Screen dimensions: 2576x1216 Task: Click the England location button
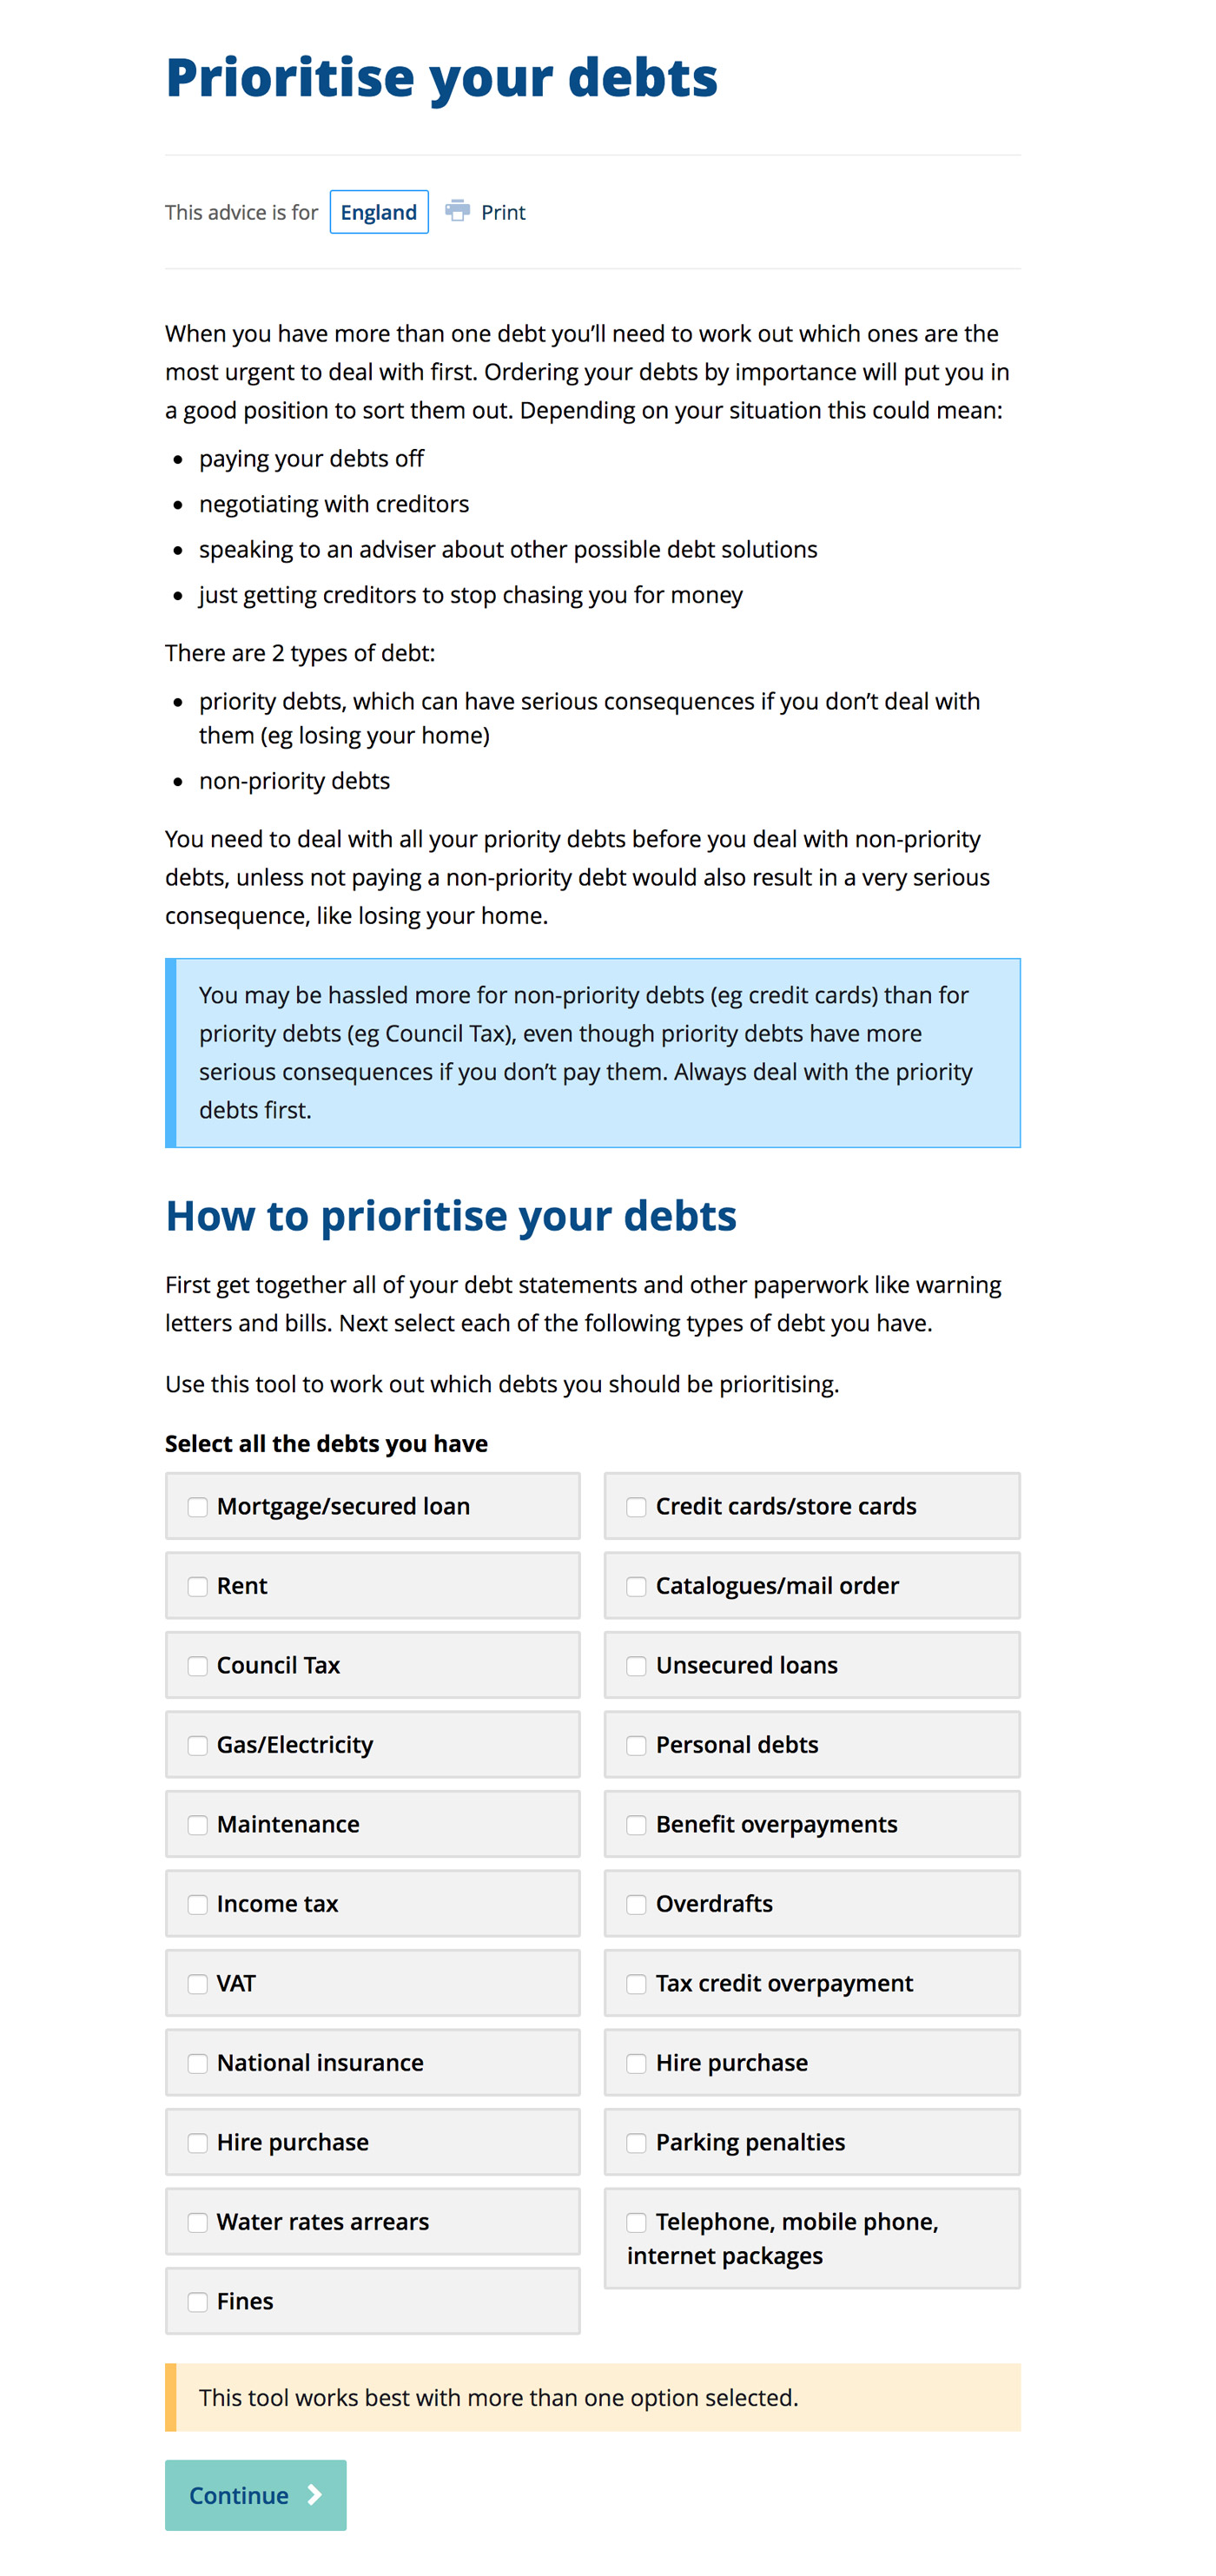pos(378,212)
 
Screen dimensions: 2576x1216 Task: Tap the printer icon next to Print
pos(457,210)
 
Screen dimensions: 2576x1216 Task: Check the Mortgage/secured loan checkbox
pos(198,1506)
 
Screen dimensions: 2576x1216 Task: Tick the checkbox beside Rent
pos(198,1586)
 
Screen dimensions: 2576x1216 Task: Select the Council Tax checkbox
pos(198,1665)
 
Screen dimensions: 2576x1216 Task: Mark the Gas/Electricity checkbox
pos(198,1745)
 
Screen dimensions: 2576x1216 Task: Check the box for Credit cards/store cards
pos(636,1506)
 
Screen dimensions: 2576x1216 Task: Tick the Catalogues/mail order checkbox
pos(636,1586)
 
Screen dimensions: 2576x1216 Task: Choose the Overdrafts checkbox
pos(636,1904)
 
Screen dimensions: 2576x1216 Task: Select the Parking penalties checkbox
pos(636,2142)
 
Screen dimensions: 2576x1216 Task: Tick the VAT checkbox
pos(198,1983)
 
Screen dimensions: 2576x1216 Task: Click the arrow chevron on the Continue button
pos(315,2495)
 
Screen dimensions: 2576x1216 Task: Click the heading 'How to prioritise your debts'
pos(450,1216)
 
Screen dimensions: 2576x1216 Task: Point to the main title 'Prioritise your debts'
pos(441,78)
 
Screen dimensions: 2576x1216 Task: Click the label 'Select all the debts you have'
pos(326,1443)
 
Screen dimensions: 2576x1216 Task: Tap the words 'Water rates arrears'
pos(322,2221)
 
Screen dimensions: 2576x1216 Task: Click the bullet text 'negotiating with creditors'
pos(334,504)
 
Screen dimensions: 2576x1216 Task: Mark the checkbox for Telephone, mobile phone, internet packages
pos(636,2222)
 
